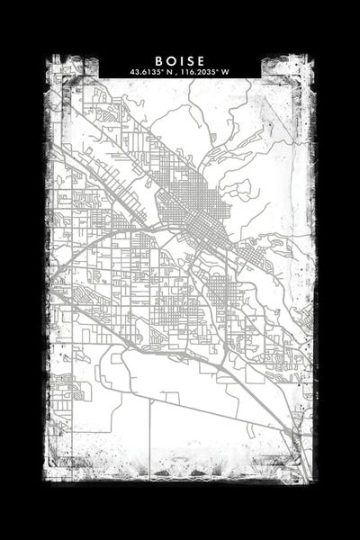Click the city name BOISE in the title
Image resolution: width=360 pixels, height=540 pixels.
pos(179,60)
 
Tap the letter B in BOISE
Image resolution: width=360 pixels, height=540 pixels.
pos(157,60)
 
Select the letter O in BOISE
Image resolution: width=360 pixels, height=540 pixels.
pos(168,60)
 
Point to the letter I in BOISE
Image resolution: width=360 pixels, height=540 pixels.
pos(179,60)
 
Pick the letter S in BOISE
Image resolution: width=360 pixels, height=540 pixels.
pos(189,60)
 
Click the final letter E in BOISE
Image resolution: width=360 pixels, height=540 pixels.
pos(201,60)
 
